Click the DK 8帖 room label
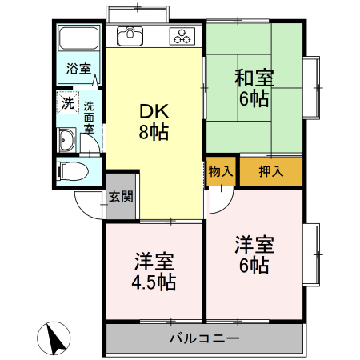(x=154, y=122)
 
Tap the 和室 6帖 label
(x=254, y=88)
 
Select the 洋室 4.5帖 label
(x=154, y=271)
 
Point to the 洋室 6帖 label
(x=254, y=254)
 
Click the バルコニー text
(x=204, y=338)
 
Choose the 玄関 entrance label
(x=122, y=197)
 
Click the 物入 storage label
(x=222, y=171)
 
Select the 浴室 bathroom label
(x=78, y=68)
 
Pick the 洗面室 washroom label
(x=89, y=117)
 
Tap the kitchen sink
(x=130, y=37)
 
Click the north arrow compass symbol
(x=54, y=338)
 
